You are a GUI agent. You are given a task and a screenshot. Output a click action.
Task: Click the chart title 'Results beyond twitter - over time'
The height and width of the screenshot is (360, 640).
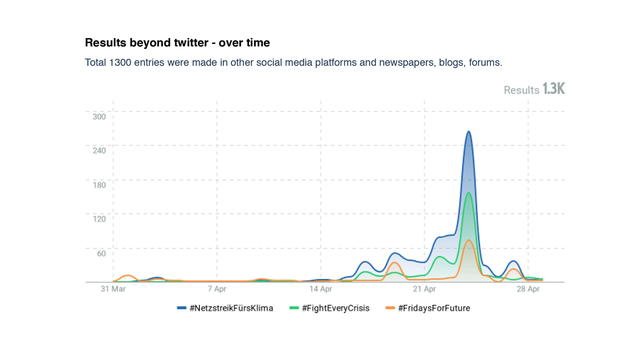tap(177, 43)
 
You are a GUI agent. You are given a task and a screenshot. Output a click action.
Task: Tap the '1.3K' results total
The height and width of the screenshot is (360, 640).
tap(553, 89)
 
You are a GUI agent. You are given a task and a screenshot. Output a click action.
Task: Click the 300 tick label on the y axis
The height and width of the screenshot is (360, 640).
tap(99, 116)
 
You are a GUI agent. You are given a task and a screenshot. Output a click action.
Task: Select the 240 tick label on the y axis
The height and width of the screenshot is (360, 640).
tap(99, 150)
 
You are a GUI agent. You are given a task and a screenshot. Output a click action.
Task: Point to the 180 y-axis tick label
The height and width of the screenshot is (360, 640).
tap(99, 185)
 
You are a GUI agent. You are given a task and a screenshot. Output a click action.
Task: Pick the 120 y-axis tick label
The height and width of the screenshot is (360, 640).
tap(99, 219)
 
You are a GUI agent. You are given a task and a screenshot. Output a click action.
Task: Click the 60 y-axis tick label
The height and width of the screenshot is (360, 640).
tap(101, 253)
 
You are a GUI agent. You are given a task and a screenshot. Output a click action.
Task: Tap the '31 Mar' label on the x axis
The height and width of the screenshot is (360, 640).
tap(113, 289)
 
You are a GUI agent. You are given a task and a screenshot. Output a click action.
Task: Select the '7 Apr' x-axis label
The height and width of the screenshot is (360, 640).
tap(217, 289)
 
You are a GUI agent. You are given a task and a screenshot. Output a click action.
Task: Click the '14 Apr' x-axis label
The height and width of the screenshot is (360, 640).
tap(320, 289)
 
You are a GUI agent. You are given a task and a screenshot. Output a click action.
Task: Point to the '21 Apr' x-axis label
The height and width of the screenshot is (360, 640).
tap(424, 289)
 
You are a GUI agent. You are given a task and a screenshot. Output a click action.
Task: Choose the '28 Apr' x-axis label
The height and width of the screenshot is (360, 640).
tap(528, 289)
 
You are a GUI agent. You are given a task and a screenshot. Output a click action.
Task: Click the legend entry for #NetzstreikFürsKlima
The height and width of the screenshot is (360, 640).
tap(225, 308)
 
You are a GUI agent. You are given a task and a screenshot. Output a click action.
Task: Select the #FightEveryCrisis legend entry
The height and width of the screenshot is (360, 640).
tap(330, 308)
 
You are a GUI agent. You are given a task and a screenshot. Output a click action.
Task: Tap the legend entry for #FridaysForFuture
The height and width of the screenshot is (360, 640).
tap(428, 308)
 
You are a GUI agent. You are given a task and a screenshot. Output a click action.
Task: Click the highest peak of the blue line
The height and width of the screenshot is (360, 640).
tap(468, 131)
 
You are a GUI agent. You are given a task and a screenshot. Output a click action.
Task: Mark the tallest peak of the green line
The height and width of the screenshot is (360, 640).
tap(468, 192)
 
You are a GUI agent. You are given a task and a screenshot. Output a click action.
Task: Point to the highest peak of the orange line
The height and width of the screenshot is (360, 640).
tap(468, 240)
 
